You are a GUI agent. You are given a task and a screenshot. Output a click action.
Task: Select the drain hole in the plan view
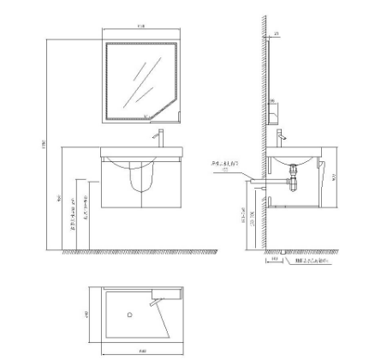click(x=130, y=315)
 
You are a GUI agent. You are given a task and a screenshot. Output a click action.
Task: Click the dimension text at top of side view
click(x=277, y=34)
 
